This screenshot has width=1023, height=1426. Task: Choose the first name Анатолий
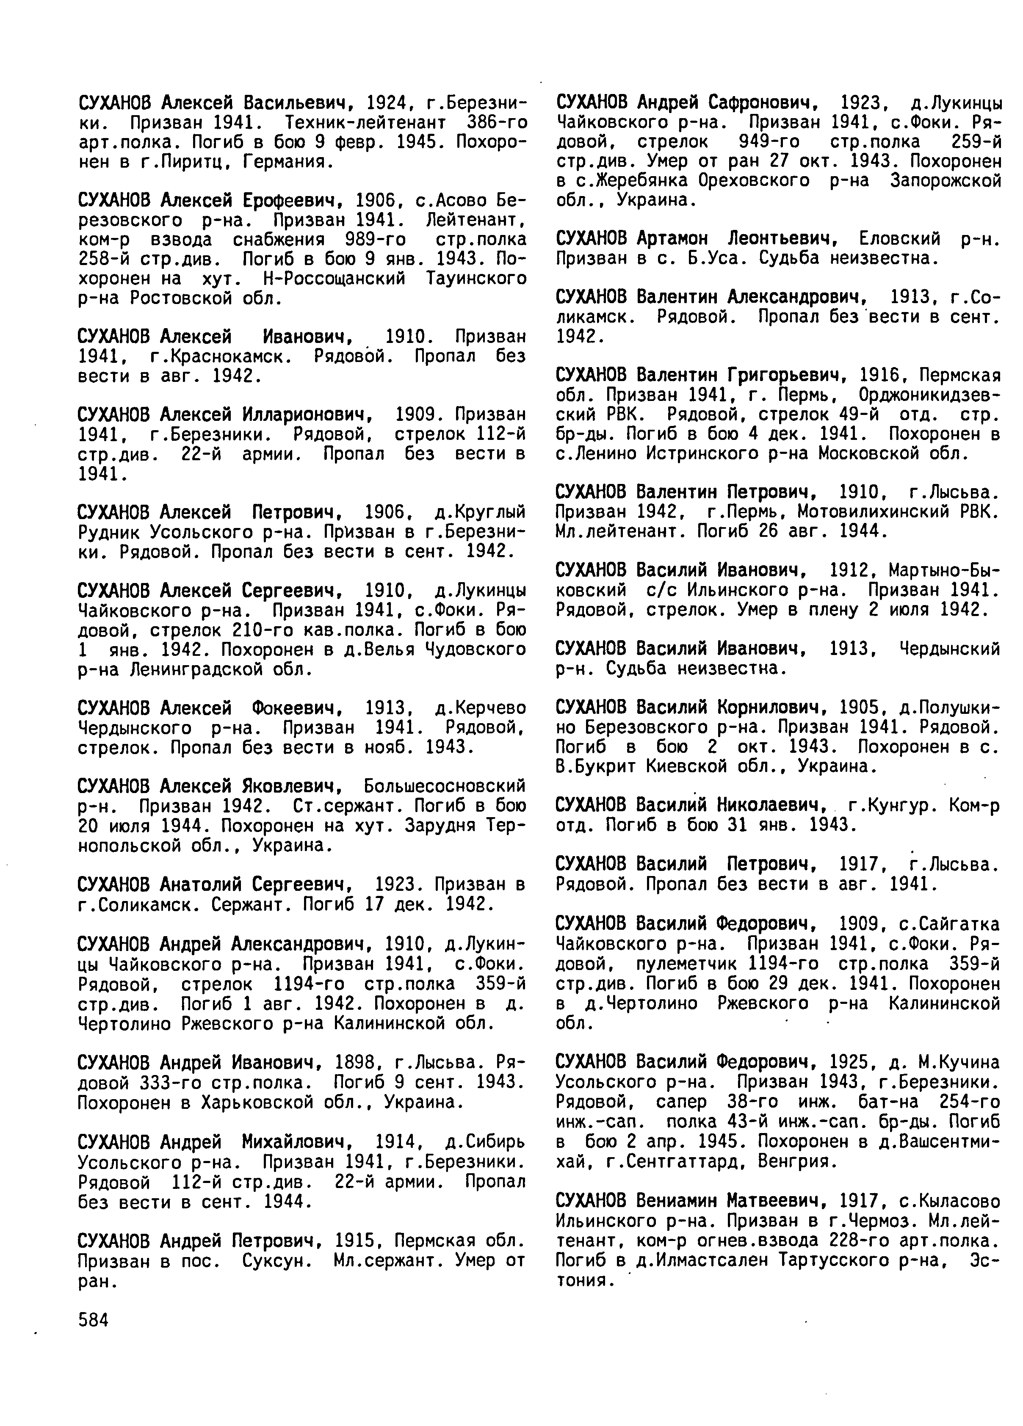(202, 885)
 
